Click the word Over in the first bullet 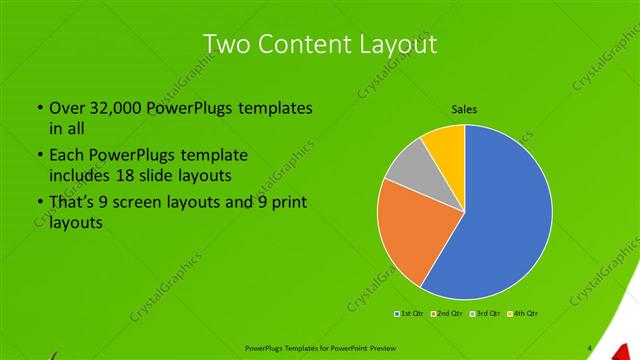(x=68, y=106)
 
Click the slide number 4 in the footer (x=589, y=348)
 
